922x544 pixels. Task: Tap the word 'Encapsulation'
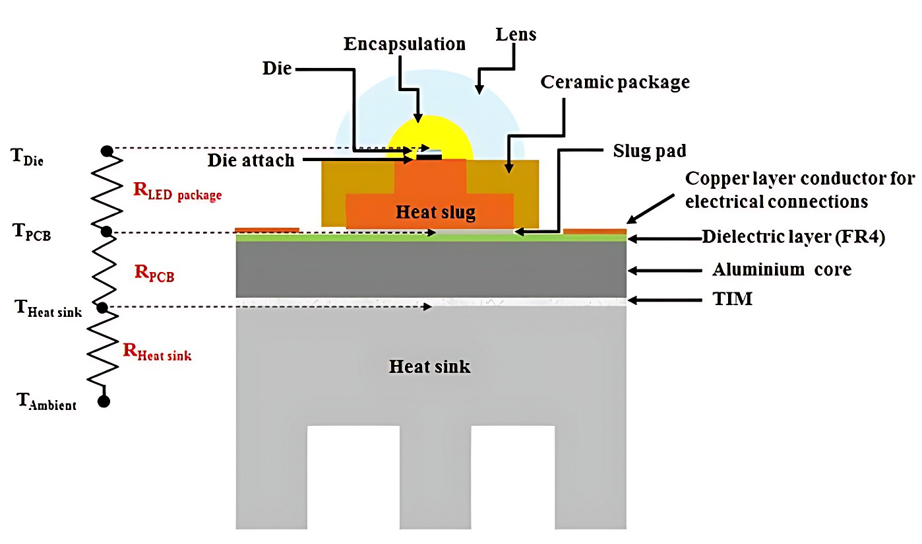point(405,44)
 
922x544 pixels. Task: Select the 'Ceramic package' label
point(615,82)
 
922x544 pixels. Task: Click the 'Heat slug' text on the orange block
point(435,212)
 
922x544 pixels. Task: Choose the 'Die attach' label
point(251,160)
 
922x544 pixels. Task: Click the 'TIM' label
point(732,299)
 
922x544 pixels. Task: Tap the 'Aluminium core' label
point(782,269)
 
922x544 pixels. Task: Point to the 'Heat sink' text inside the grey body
point(429,366)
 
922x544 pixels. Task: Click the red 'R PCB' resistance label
point(154,273)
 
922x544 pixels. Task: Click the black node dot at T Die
point(107,151)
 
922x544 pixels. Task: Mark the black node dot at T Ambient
point(104,401)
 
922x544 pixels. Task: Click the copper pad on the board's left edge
point(267,230)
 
